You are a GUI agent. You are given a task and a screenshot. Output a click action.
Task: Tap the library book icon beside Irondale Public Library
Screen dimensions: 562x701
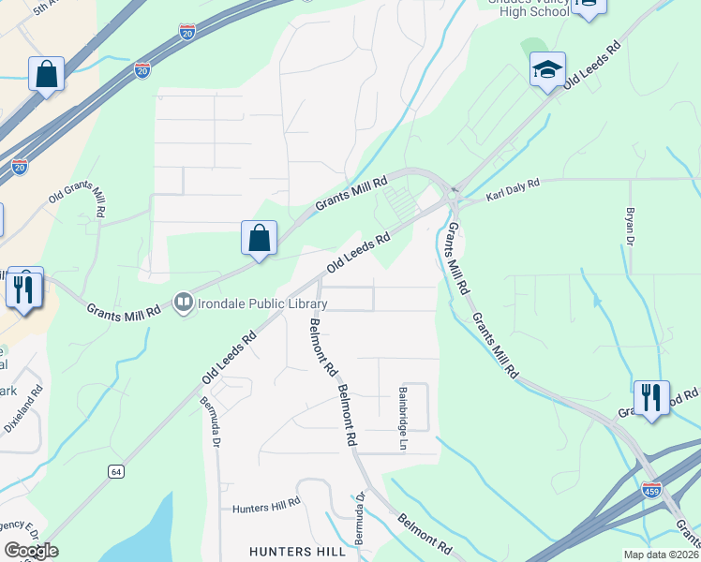pyautogui.click(x=184, y=303)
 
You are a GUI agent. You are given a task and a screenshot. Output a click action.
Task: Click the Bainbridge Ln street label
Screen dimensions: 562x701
pyautogui.click(x=403, y=418)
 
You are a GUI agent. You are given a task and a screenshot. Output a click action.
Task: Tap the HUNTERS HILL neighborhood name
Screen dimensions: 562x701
pyautogui.click(x=297, y=552)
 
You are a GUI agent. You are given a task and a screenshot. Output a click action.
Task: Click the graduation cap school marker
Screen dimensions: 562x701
pyautogui.click(x=548, y=69)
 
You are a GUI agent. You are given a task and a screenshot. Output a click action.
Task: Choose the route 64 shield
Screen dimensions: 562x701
pyautogui.click(x=115, y=471)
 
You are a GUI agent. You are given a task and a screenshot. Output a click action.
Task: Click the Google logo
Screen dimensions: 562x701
pyautogui.click(x=31, y=551)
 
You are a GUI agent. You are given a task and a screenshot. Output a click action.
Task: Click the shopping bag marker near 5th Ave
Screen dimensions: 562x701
pyautogui.click(x=46, y=74)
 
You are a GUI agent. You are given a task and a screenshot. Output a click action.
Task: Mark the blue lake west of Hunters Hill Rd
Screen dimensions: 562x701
pyautogui.click(x=141, y=534)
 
